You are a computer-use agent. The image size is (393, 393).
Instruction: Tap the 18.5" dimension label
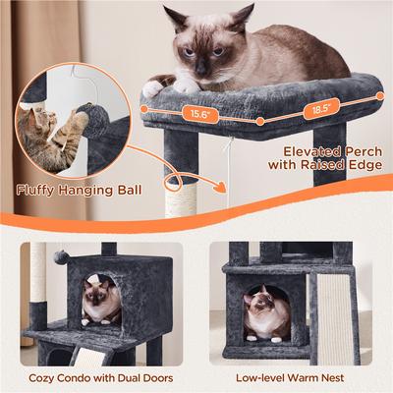[321, 109]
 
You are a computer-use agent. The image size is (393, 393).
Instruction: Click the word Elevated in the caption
[307, 152]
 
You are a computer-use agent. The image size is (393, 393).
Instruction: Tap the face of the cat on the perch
[196, 54]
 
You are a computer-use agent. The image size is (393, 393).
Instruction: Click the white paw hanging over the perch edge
[152, 88]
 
